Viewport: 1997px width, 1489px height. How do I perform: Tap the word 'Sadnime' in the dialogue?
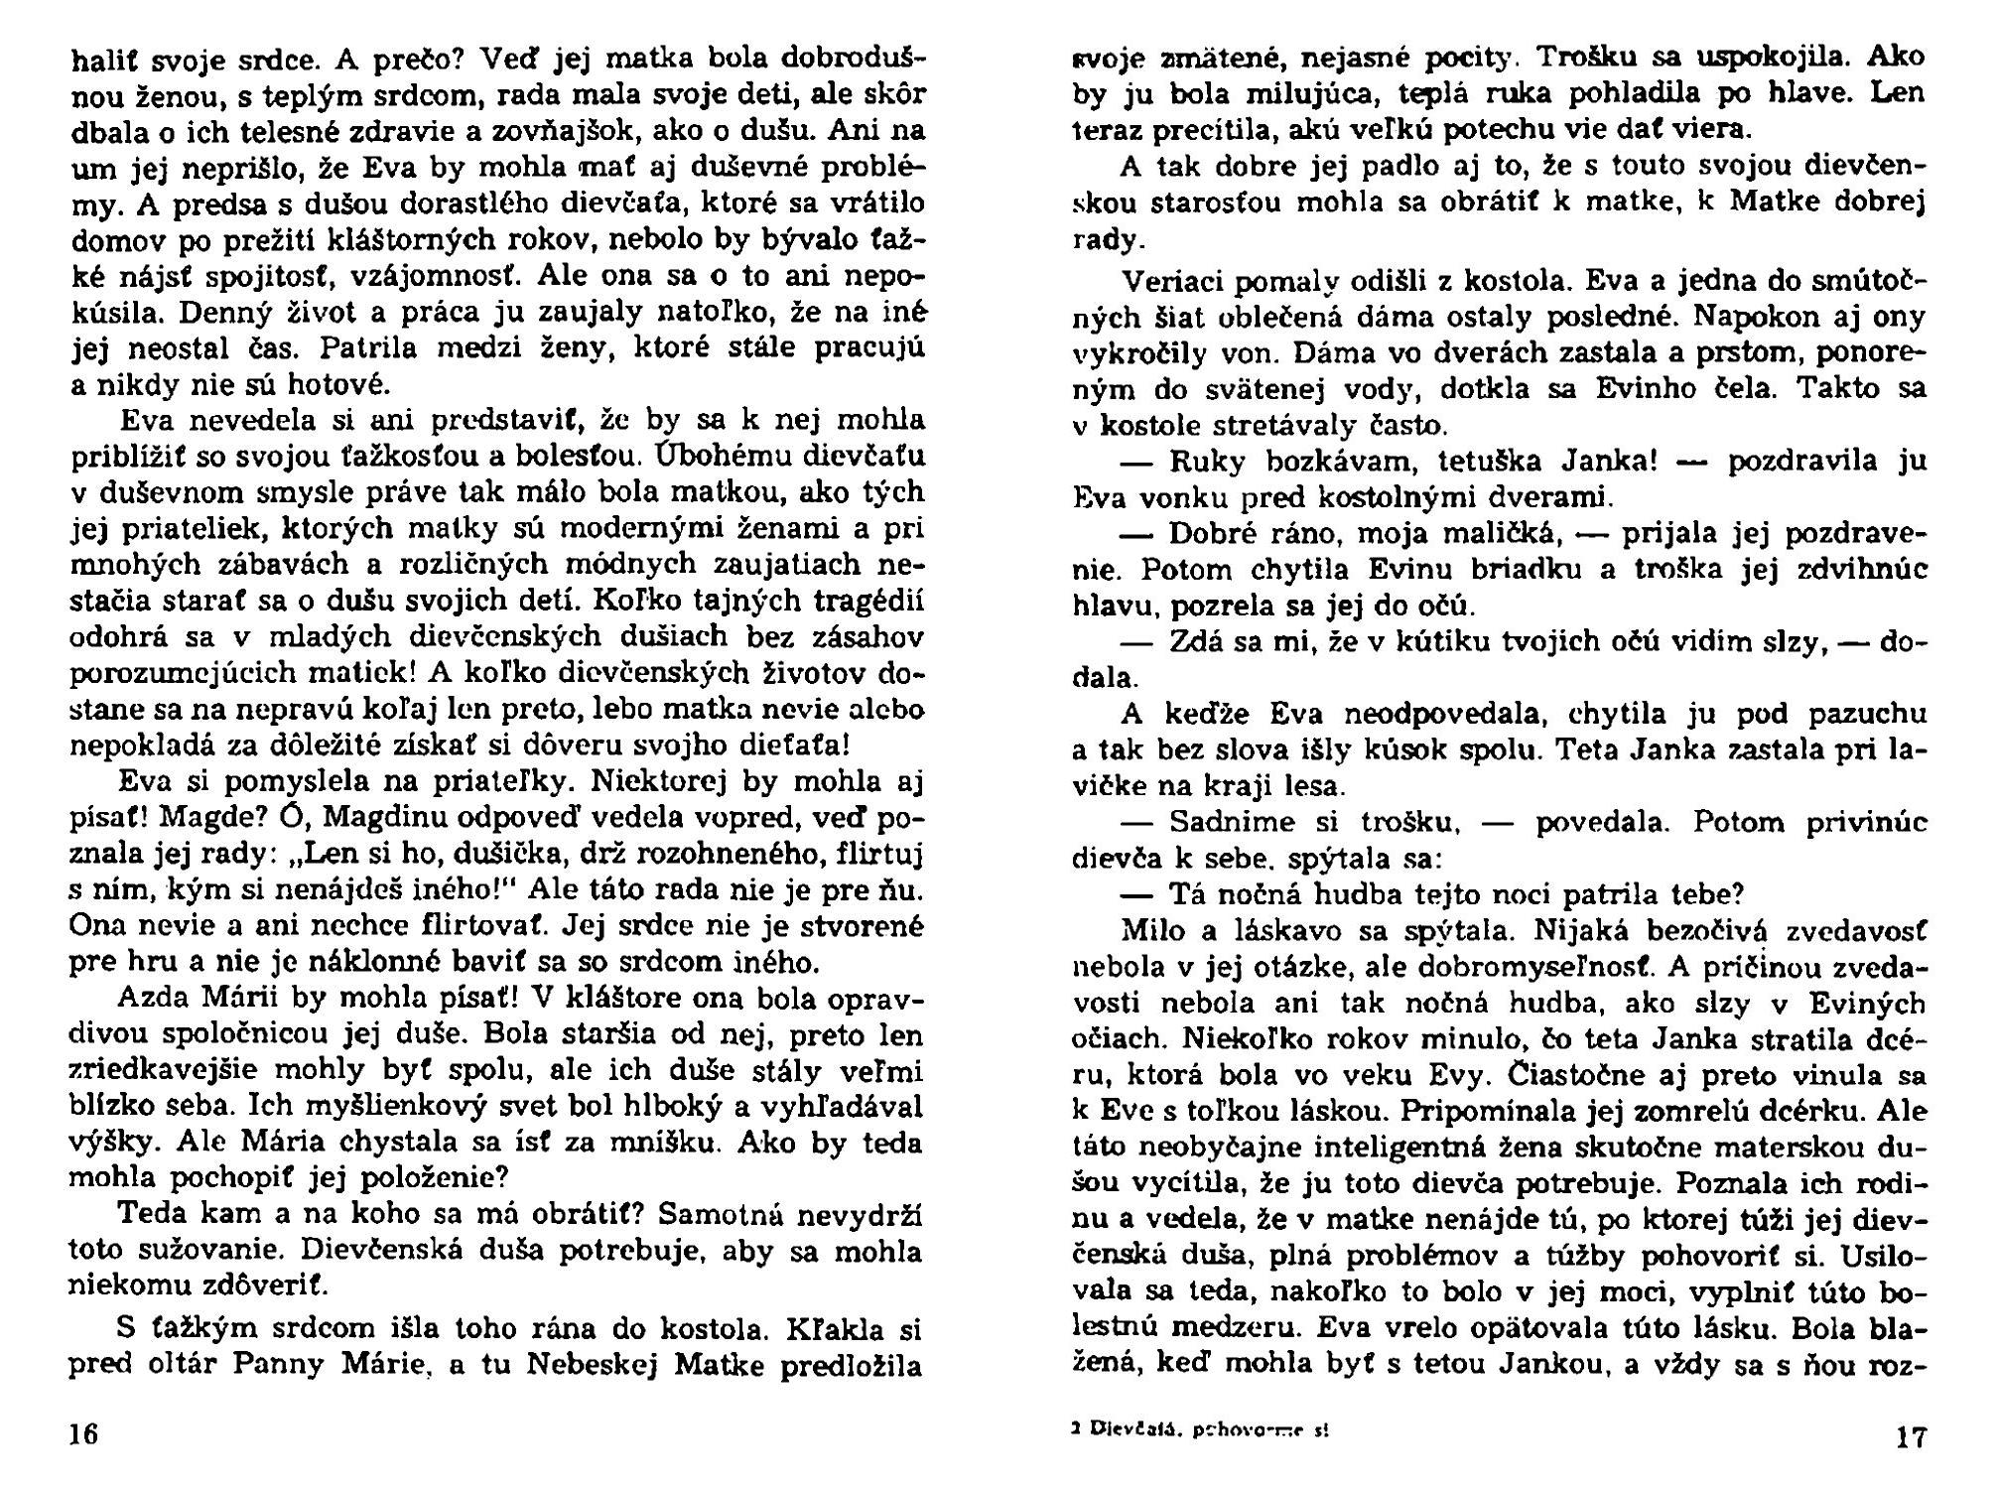click(1231, 823)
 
